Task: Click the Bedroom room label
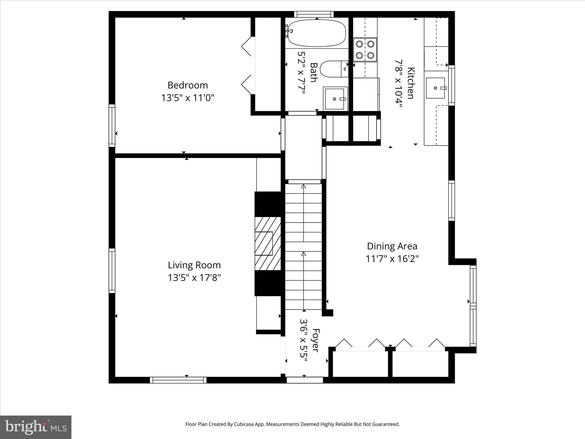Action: click(x=188, y=85)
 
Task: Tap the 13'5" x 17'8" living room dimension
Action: click(x=194, y=278)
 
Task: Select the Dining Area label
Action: click(x=392, y=246)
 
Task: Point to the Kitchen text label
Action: click(x=410, y=83)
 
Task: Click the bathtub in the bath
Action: click(x=316, y=33)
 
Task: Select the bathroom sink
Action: click(x=335, y=99)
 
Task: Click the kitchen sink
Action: click(x=435, y=88)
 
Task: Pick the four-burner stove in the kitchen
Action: click(x=365, y=50)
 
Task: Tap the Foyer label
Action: click(x=315, y=340)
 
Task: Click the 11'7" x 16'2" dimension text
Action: click(x=392, y=259)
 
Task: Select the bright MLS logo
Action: click(x=36, y=427)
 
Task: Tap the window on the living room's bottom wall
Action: click(x=178, y=380)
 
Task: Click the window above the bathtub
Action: click(x=314, y=14)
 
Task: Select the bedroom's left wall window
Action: click(x=112, y=125)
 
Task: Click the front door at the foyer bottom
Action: click(x=304, y=380)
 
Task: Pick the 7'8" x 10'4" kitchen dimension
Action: click(x=398, y=83)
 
